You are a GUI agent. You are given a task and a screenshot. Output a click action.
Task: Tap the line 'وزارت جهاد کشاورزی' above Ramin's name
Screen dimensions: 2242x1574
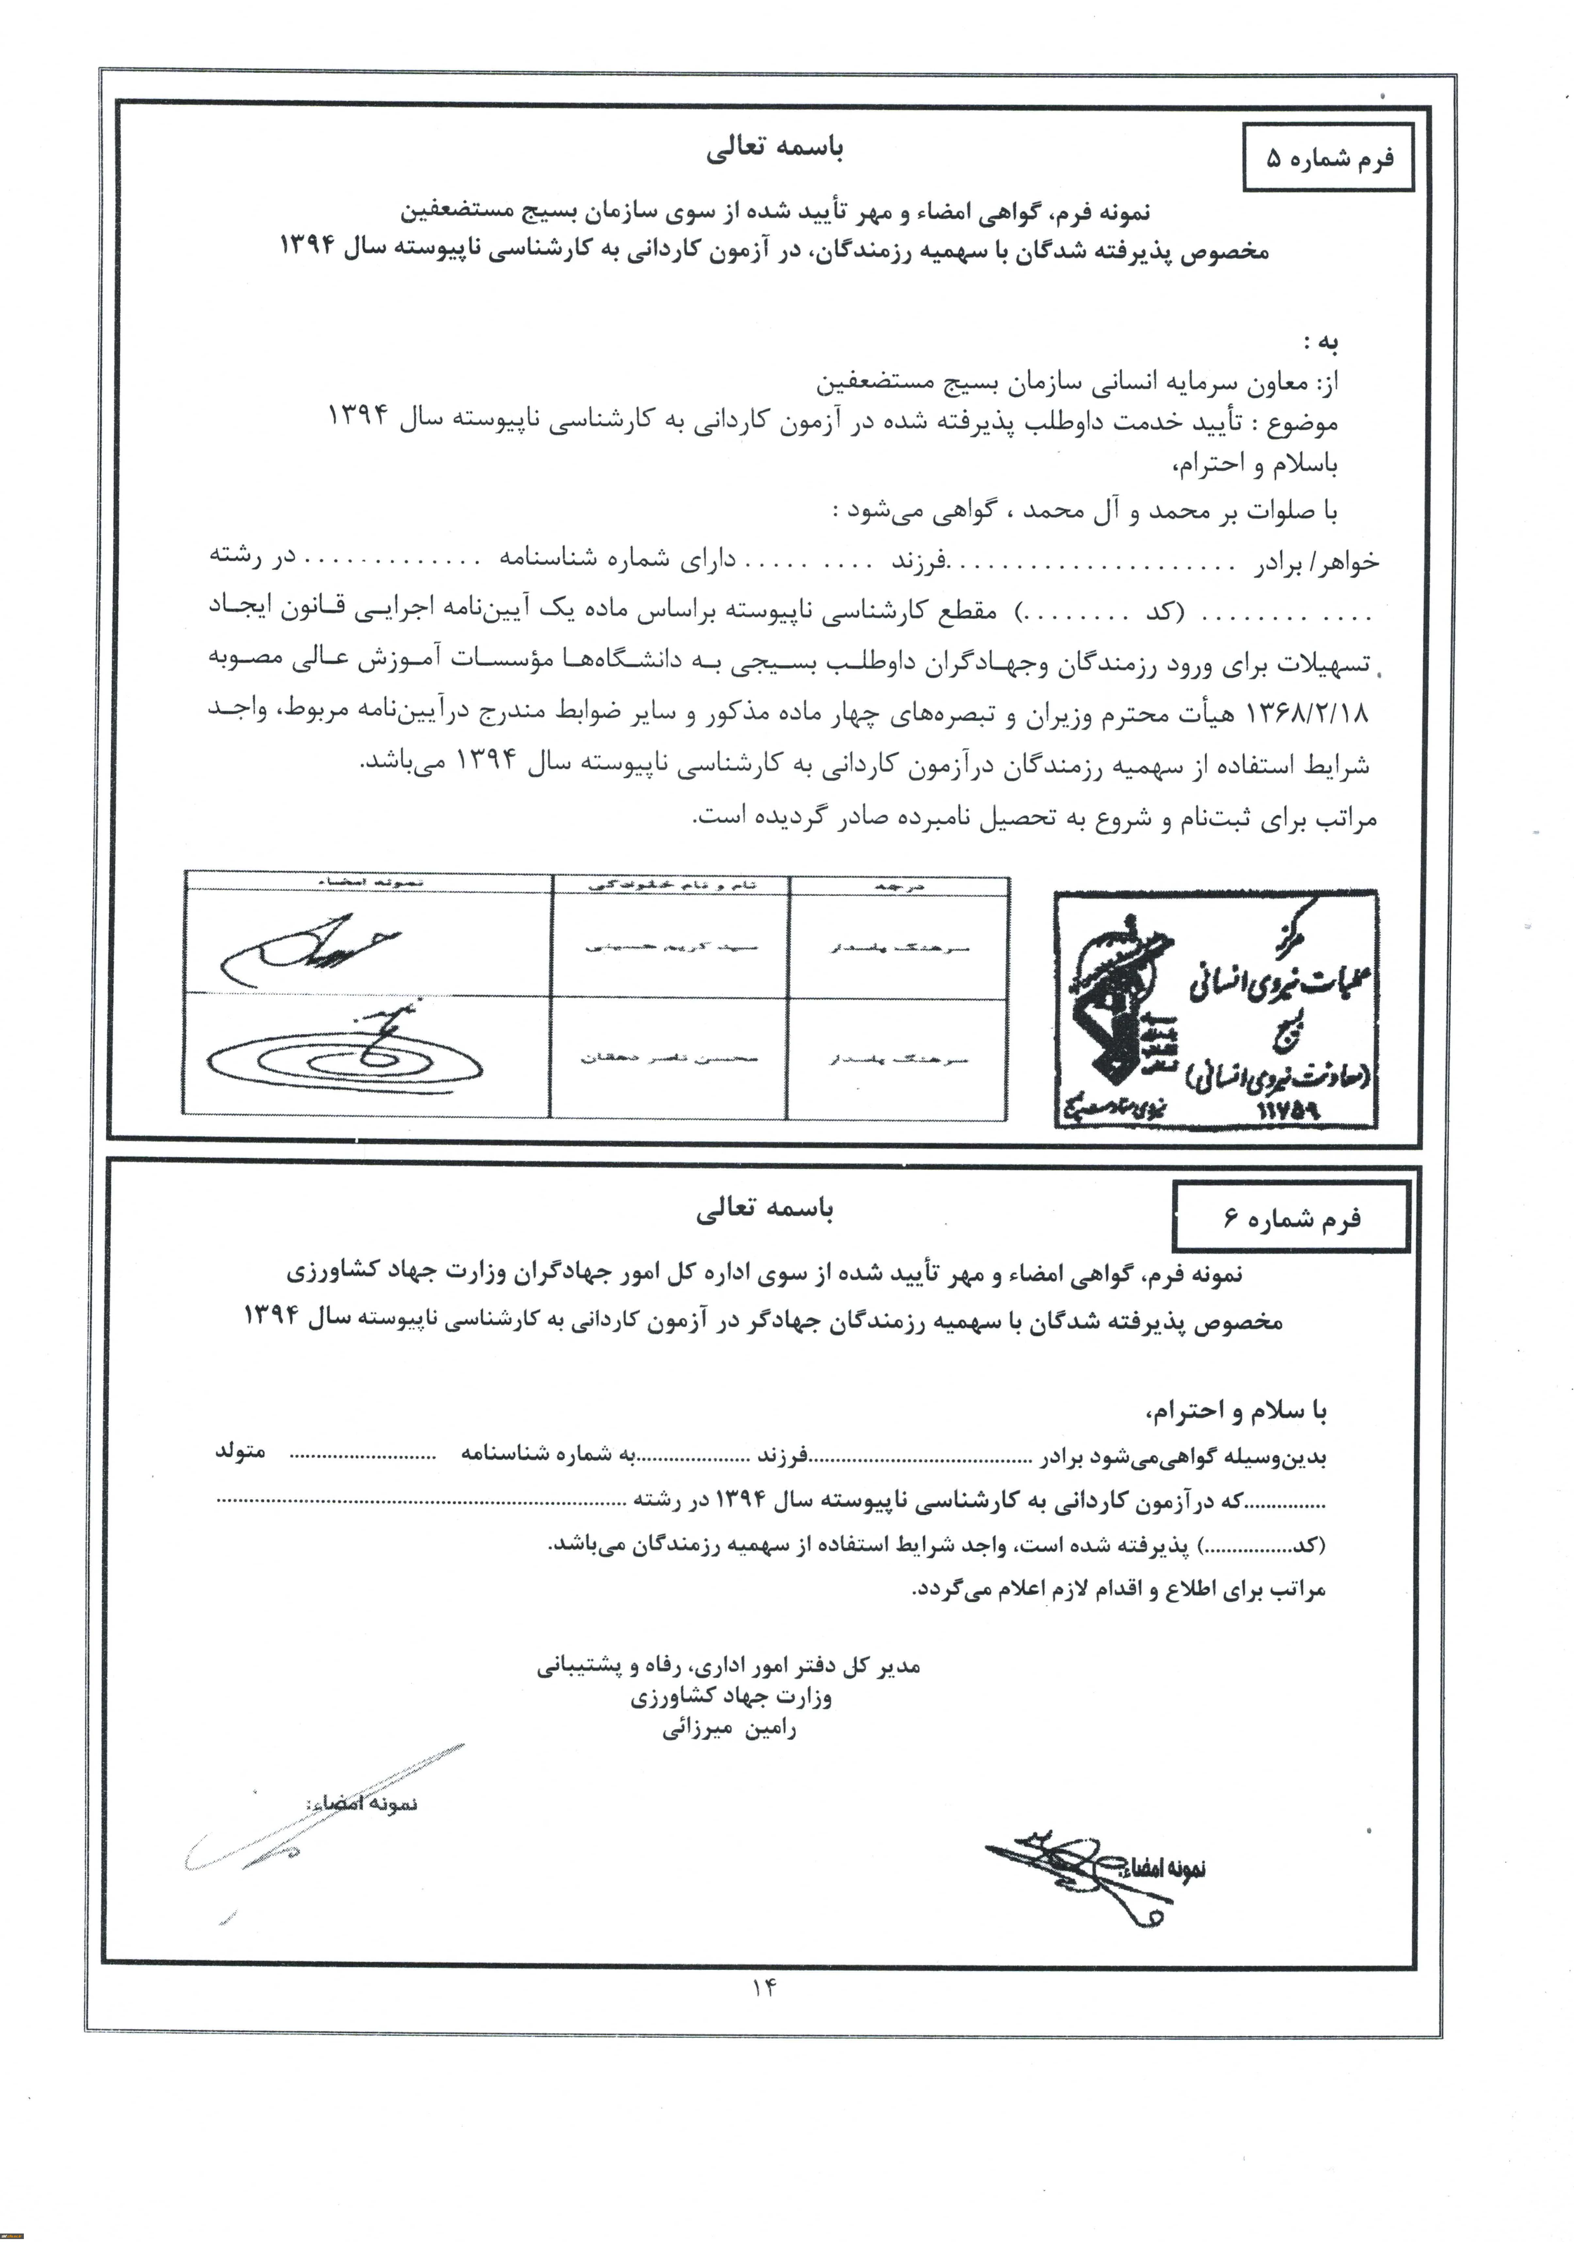click(731, 1697)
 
